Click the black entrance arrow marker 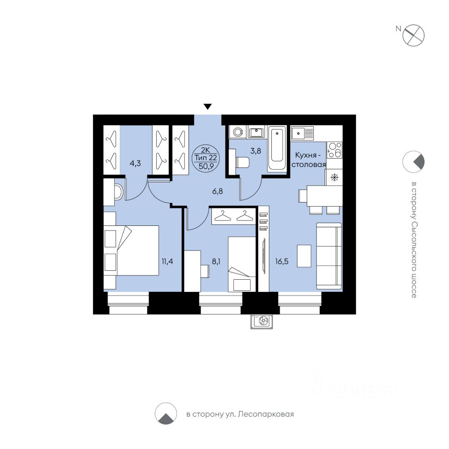tap(208, 107)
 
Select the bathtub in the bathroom tap(277, 149)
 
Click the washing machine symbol tap(238, 132)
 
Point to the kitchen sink tap(303, 133)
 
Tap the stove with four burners tap(334, 150)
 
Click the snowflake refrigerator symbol tap(334, 178)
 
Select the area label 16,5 tap(282, 261)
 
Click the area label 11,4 tap(167, 261)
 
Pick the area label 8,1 tap(216, 261)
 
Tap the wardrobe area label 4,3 tap(135, 164)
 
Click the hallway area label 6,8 tap(217, 191)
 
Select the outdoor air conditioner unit tap(262, 321)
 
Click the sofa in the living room tap(329, 256)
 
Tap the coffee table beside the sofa tap(304, 256)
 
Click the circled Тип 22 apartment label tap(206, 158)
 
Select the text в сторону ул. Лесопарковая tap(240, 414)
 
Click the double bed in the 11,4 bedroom tap(131, 250)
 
